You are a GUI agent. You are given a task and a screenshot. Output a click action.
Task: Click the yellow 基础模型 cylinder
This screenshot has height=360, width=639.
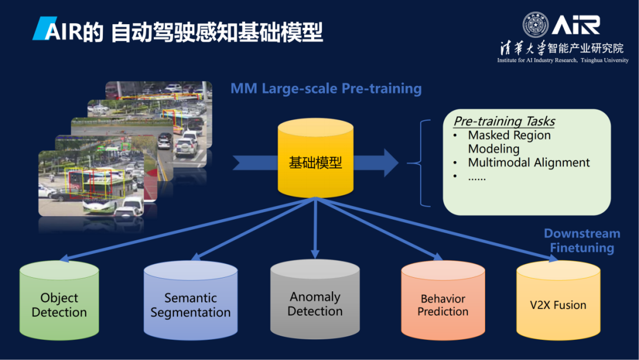[x=315, y=161]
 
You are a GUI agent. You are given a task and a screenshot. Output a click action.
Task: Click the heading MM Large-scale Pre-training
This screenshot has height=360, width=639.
[x=326, y=89]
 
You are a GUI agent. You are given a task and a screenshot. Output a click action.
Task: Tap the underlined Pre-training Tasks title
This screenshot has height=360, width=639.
[x=504, y=121]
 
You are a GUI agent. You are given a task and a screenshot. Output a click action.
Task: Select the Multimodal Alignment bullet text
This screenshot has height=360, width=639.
[x=528, y=162]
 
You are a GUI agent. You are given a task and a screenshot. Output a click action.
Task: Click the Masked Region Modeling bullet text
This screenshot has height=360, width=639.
[x=509, y=142]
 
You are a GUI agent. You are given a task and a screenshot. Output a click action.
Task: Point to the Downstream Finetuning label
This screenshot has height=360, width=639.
[x=582, y=240]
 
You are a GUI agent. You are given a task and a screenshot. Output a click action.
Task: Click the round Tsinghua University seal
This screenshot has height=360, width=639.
[x=535, y=24]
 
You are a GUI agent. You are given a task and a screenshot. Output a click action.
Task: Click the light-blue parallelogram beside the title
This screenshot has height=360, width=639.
[x=40, y=28]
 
